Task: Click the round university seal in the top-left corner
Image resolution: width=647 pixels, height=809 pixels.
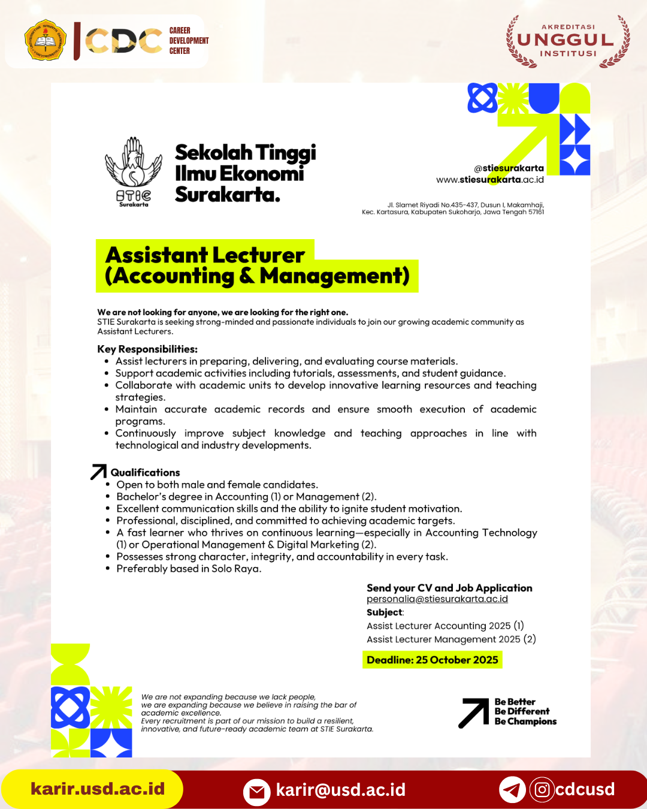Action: (x=46, y=41)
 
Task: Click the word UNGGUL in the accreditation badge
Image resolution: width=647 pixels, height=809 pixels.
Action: (x=566, y=40)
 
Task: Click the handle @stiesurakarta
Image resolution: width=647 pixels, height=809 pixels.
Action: (x=509, y=168)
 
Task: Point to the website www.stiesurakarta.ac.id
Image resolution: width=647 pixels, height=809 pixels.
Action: (x=489, y=180)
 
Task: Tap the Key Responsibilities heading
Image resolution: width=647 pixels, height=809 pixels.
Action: (x=147, y=349)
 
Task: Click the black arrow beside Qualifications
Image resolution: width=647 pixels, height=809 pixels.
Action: (x=98, y=472)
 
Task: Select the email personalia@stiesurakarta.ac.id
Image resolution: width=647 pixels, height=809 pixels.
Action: (x=437, y=599)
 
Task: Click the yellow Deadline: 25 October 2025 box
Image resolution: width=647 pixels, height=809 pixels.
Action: (x=432, y=660)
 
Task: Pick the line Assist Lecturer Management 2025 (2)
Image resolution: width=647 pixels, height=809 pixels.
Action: (x=451, y=639)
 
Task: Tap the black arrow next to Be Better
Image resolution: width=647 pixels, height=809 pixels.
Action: (x=474, y=713)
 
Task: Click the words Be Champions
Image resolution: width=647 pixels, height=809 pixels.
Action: (x=525, y=722)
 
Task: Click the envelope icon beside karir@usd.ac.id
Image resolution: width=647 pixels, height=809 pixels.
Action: (x=256, y=792)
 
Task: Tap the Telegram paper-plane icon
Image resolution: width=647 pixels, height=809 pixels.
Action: (x=512, y=790)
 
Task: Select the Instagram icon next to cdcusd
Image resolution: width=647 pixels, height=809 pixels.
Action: (x=542, y=790)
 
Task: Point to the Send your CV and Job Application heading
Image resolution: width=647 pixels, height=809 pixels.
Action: (x=449, y=588)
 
